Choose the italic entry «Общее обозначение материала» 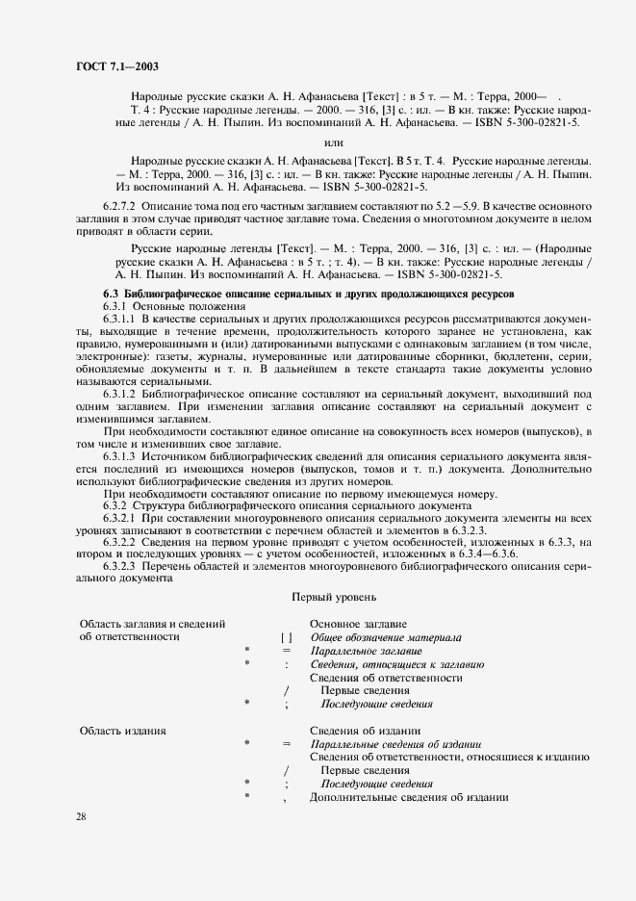pyautogui.click(x=385, y=637)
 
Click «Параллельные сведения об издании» pyautogui.click(x=395, y=744)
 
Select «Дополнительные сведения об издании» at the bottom pyautogui.click(x=408, y=798)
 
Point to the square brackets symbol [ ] pyautogui.click(x=287, y=637)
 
